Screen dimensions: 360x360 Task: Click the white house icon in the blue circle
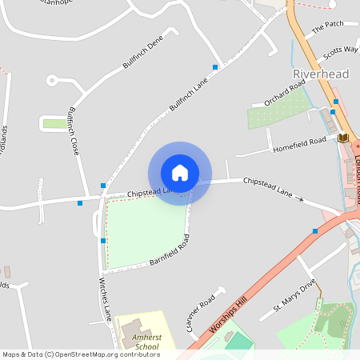click(179, 172)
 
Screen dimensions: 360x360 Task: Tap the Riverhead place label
click(317, 74)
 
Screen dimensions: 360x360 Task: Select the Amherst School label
click(146, 342)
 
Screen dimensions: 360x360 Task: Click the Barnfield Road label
click(169, 251)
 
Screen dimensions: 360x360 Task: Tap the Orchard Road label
click(285, 94)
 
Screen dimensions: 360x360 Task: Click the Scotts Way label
click(340, 53)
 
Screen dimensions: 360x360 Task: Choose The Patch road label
click(327, 27)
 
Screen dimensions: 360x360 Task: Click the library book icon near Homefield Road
click(343, 138)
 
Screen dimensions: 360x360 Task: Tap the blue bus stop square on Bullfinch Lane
click(214, 66)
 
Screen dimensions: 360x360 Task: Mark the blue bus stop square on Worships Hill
click(315, 230)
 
